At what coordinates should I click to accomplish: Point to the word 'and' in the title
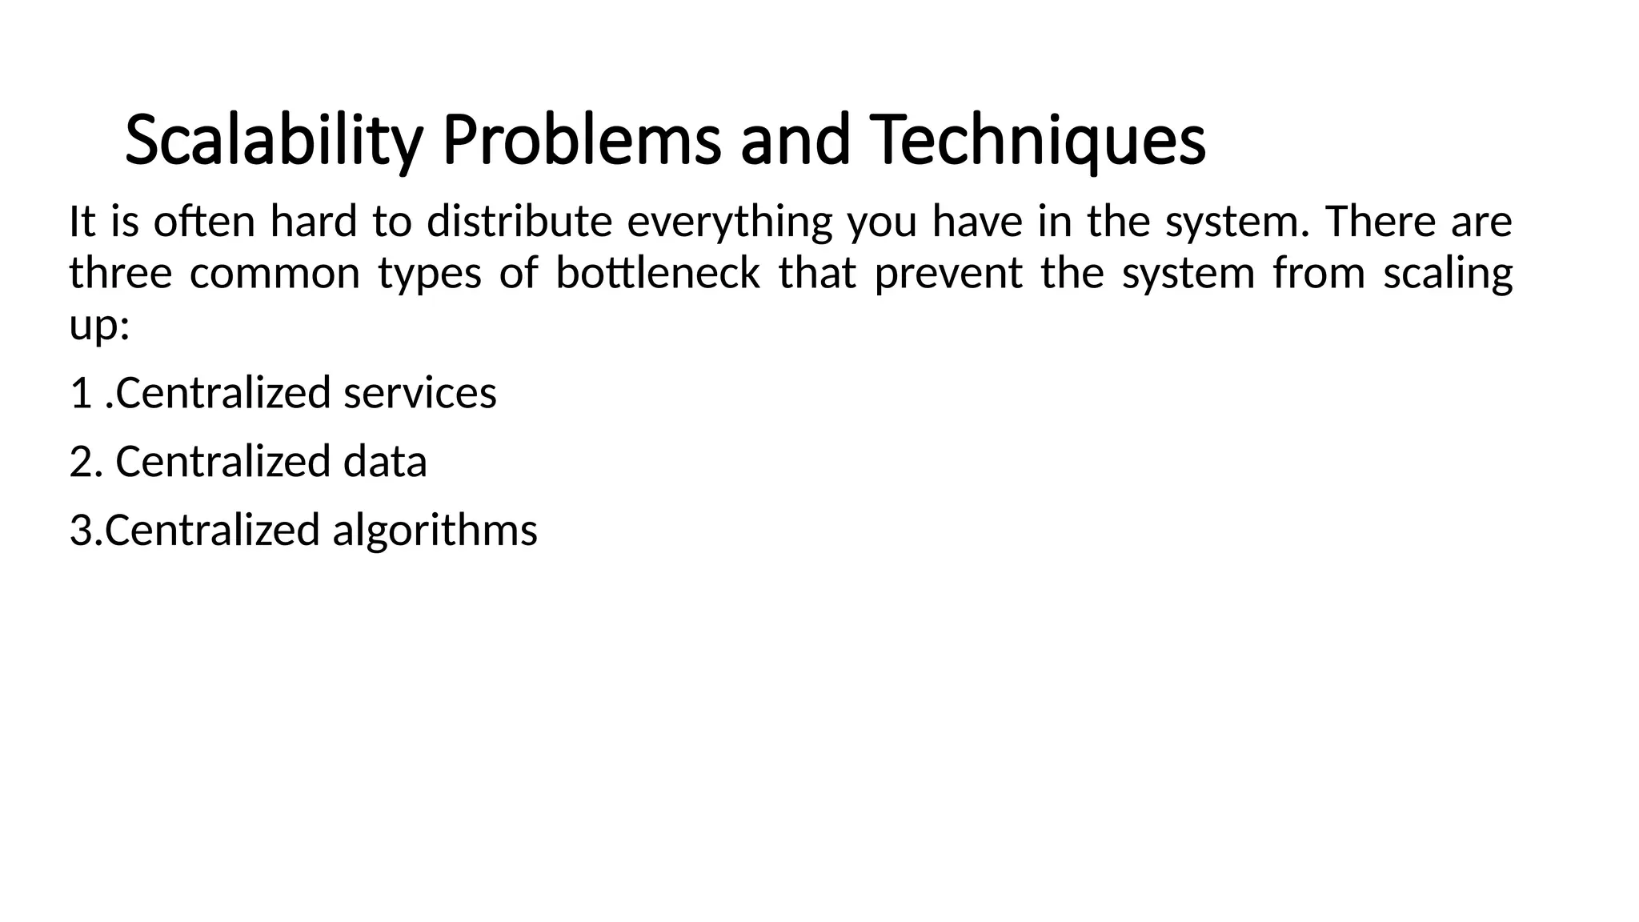pyautogui.click(x=794, y=141)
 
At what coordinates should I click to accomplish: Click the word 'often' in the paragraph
pyautogui.click(x=203, y=222)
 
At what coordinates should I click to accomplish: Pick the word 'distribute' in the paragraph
pyautogui.click(x=519, y=222)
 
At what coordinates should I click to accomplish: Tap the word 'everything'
pyautogui.click(x=730, y=222)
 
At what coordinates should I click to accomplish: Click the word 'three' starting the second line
pyautogui.click(x=121, y=274)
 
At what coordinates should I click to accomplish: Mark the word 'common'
pyautogui.click(x=275, y=274)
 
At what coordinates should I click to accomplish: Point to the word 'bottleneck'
pyautogui.click(x=657, y=274)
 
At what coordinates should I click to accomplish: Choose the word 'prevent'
pyautogui.click(x=948, y=274)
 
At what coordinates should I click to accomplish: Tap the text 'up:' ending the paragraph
pyautogui.click(x=99, y=327)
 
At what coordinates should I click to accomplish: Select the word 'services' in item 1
pyautogui.click(x=420, y=393)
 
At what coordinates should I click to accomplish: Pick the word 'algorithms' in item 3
pyautogui.click(x=435, y=531)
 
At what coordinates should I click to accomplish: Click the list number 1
pyautogui.click(x=81, y=393)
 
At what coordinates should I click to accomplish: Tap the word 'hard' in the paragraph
pyautogui.click(x=314, y=222)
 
